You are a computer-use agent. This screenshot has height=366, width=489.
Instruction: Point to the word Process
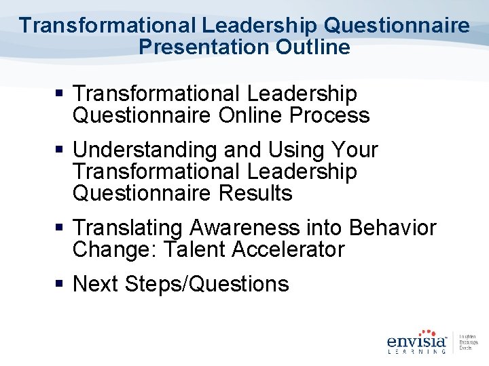[x=329, y=115]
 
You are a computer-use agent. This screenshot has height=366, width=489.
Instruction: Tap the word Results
[x=255, y=193]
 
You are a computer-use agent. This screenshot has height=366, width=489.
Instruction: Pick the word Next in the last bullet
[x=94, y=284]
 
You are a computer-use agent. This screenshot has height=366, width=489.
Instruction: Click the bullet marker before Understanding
[x=62, y=150]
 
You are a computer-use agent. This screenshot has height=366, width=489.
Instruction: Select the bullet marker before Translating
[x=62, y=228]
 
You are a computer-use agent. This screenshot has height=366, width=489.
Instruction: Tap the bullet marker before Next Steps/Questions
[x=62, y=284]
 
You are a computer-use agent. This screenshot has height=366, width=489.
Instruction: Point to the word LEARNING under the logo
[x=416, y=351]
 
